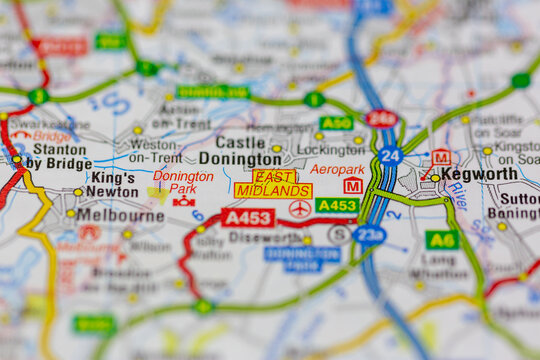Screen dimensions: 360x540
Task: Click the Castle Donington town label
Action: tap(239, 151)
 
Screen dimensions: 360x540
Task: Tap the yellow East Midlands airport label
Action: tap(273, 183)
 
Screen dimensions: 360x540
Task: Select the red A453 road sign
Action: tap(248, 217)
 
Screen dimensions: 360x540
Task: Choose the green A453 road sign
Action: tap(337, 205)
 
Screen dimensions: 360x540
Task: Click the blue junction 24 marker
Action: tap(390, 156)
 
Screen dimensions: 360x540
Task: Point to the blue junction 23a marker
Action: tap(369, 235)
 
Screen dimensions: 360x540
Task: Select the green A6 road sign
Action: tap(441, 240)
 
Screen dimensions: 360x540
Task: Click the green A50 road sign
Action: tap(336, 123)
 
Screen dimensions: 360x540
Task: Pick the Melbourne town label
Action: tap(120, 214)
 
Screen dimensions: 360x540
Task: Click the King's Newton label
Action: tap(113, 184)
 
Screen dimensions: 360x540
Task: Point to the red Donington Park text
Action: tap(183, 181)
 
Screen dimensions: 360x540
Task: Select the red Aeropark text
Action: tap(337, 169)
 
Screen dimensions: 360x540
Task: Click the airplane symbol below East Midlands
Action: tap(299, 208)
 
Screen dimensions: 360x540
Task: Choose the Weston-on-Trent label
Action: tap(155, 150)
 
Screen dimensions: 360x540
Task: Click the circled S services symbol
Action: tap(339, 234)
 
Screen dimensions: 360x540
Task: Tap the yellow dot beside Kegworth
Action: tap(435, 178)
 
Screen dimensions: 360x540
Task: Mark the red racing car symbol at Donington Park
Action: tap(184, 201)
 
